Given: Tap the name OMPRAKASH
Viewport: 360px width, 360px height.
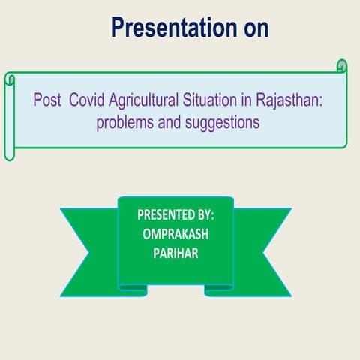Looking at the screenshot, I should point(176,232).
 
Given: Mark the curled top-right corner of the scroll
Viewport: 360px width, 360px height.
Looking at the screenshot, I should point(341,67).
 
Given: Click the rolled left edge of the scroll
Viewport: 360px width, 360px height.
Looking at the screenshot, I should point(10,116).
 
